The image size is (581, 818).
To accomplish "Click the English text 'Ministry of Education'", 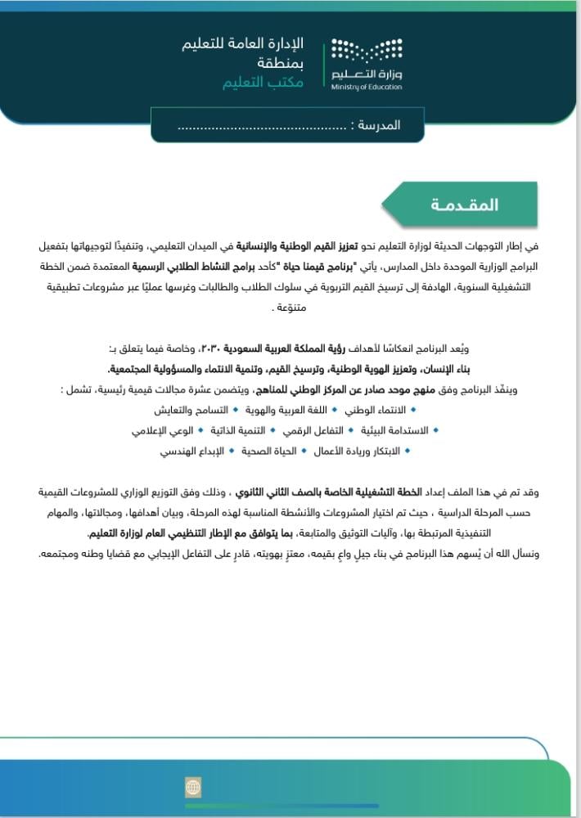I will click(x=367, y=86).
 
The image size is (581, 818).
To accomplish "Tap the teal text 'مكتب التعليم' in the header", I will click(x=263, y=83).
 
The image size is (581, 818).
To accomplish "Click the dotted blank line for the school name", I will click(x=262, y=127).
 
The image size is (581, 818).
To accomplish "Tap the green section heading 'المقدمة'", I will click(x=464, y=204).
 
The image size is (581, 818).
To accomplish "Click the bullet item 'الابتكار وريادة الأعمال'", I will click(x=361, y=451).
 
